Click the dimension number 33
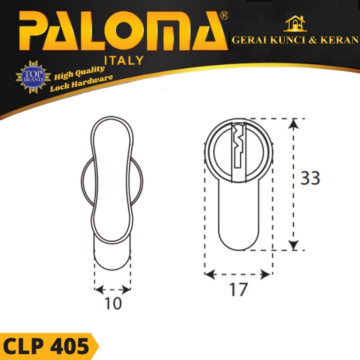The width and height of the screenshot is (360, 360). pyautogui.click(x=310, y=179)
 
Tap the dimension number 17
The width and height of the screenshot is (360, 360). pyautogui.click(x=238, y=290)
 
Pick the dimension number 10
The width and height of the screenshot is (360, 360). pyautogui.click(x=112, y=304)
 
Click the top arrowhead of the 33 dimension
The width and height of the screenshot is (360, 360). pyautogui.click(x=293, y=123)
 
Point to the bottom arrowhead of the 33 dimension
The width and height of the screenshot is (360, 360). pyautogui.click(x=293, y=245)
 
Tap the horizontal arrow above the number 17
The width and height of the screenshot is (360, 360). pyautogui.click(x=238, y=274)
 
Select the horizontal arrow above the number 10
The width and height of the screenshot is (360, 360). pyautogui.click(x=112, y=289)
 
